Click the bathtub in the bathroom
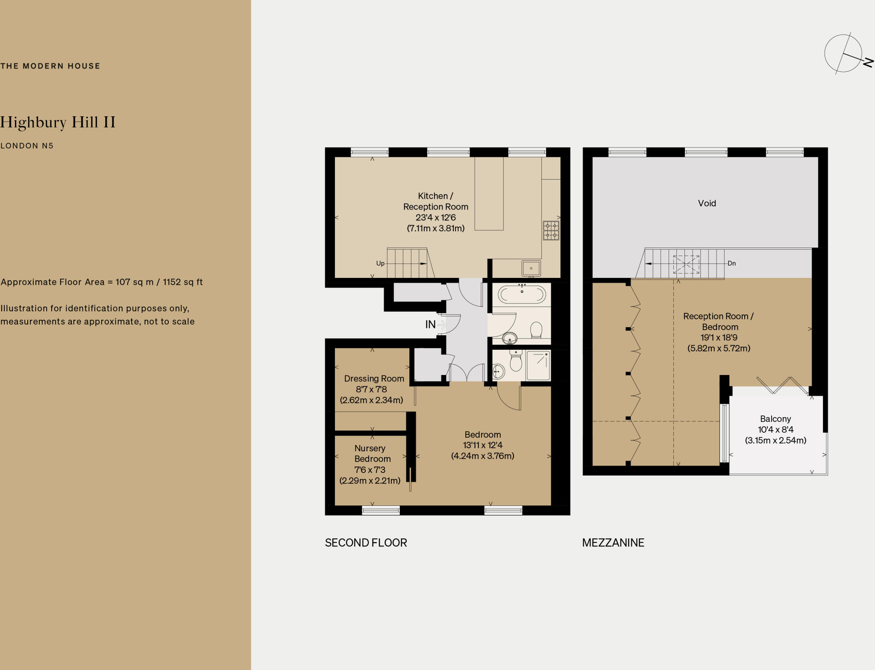pos(522,295)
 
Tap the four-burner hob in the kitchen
pos(551,230)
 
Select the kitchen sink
pos(531,269)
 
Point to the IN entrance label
pos(430,325)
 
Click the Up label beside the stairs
pos(380,263)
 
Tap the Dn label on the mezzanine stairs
pos(732,263)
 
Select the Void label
pos(707,204)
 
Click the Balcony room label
pos(775,419)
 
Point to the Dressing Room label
pos(374,378)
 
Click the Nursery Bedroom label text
pos(372,453)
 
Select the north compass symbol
pos(844,54)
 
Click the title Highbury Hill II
pos(58,122)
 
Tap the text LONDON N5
pos(27,146)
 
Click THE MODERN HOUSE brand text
pos(50,66)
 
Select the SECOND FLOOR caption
pos(366,543)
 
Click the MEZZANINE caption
pos(613,543)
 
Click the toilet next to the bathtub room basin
pos(536,330)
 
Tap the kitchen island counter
pos(489,193)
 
